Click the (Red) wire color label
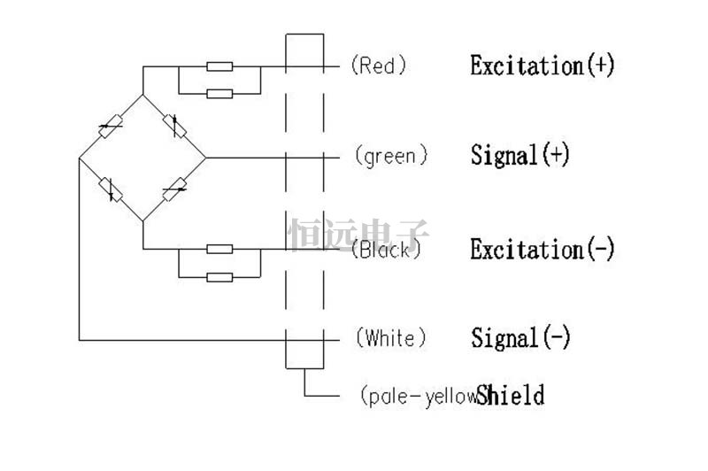[x=379, y=66]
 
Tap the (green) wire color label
[x=391, y=156]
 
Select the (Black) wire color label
[x=386, y=250]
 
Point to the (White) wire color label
[x=391, y=338]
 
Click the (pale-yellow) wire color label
[x=419, y=397]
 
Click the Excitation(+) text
[x=543, y=66]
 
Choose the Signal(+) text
[x=520, y=155]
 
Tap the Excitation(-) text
[x=543, y=249]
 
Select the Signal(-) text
[x=520, y=338]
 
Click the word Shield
[x=511, y=395]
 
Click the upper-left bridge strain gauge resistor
[x=111, y=127]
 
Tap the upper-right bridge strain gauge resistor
[x=174, y=126]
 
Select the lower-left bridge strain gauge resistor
[x=111, y=189]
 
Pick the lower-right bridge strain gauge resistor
[x=174, y=189]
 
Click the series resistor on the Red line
[x=219, y=66]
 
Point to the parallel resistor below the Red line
[x=219, y=94]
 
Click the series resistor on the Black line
[x=219, y=249]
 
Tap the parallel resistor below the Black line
[x=219, y=277]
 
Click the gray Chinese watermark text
[x=358, y=235]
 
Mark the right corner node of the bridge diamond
[x=206, y=158]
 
